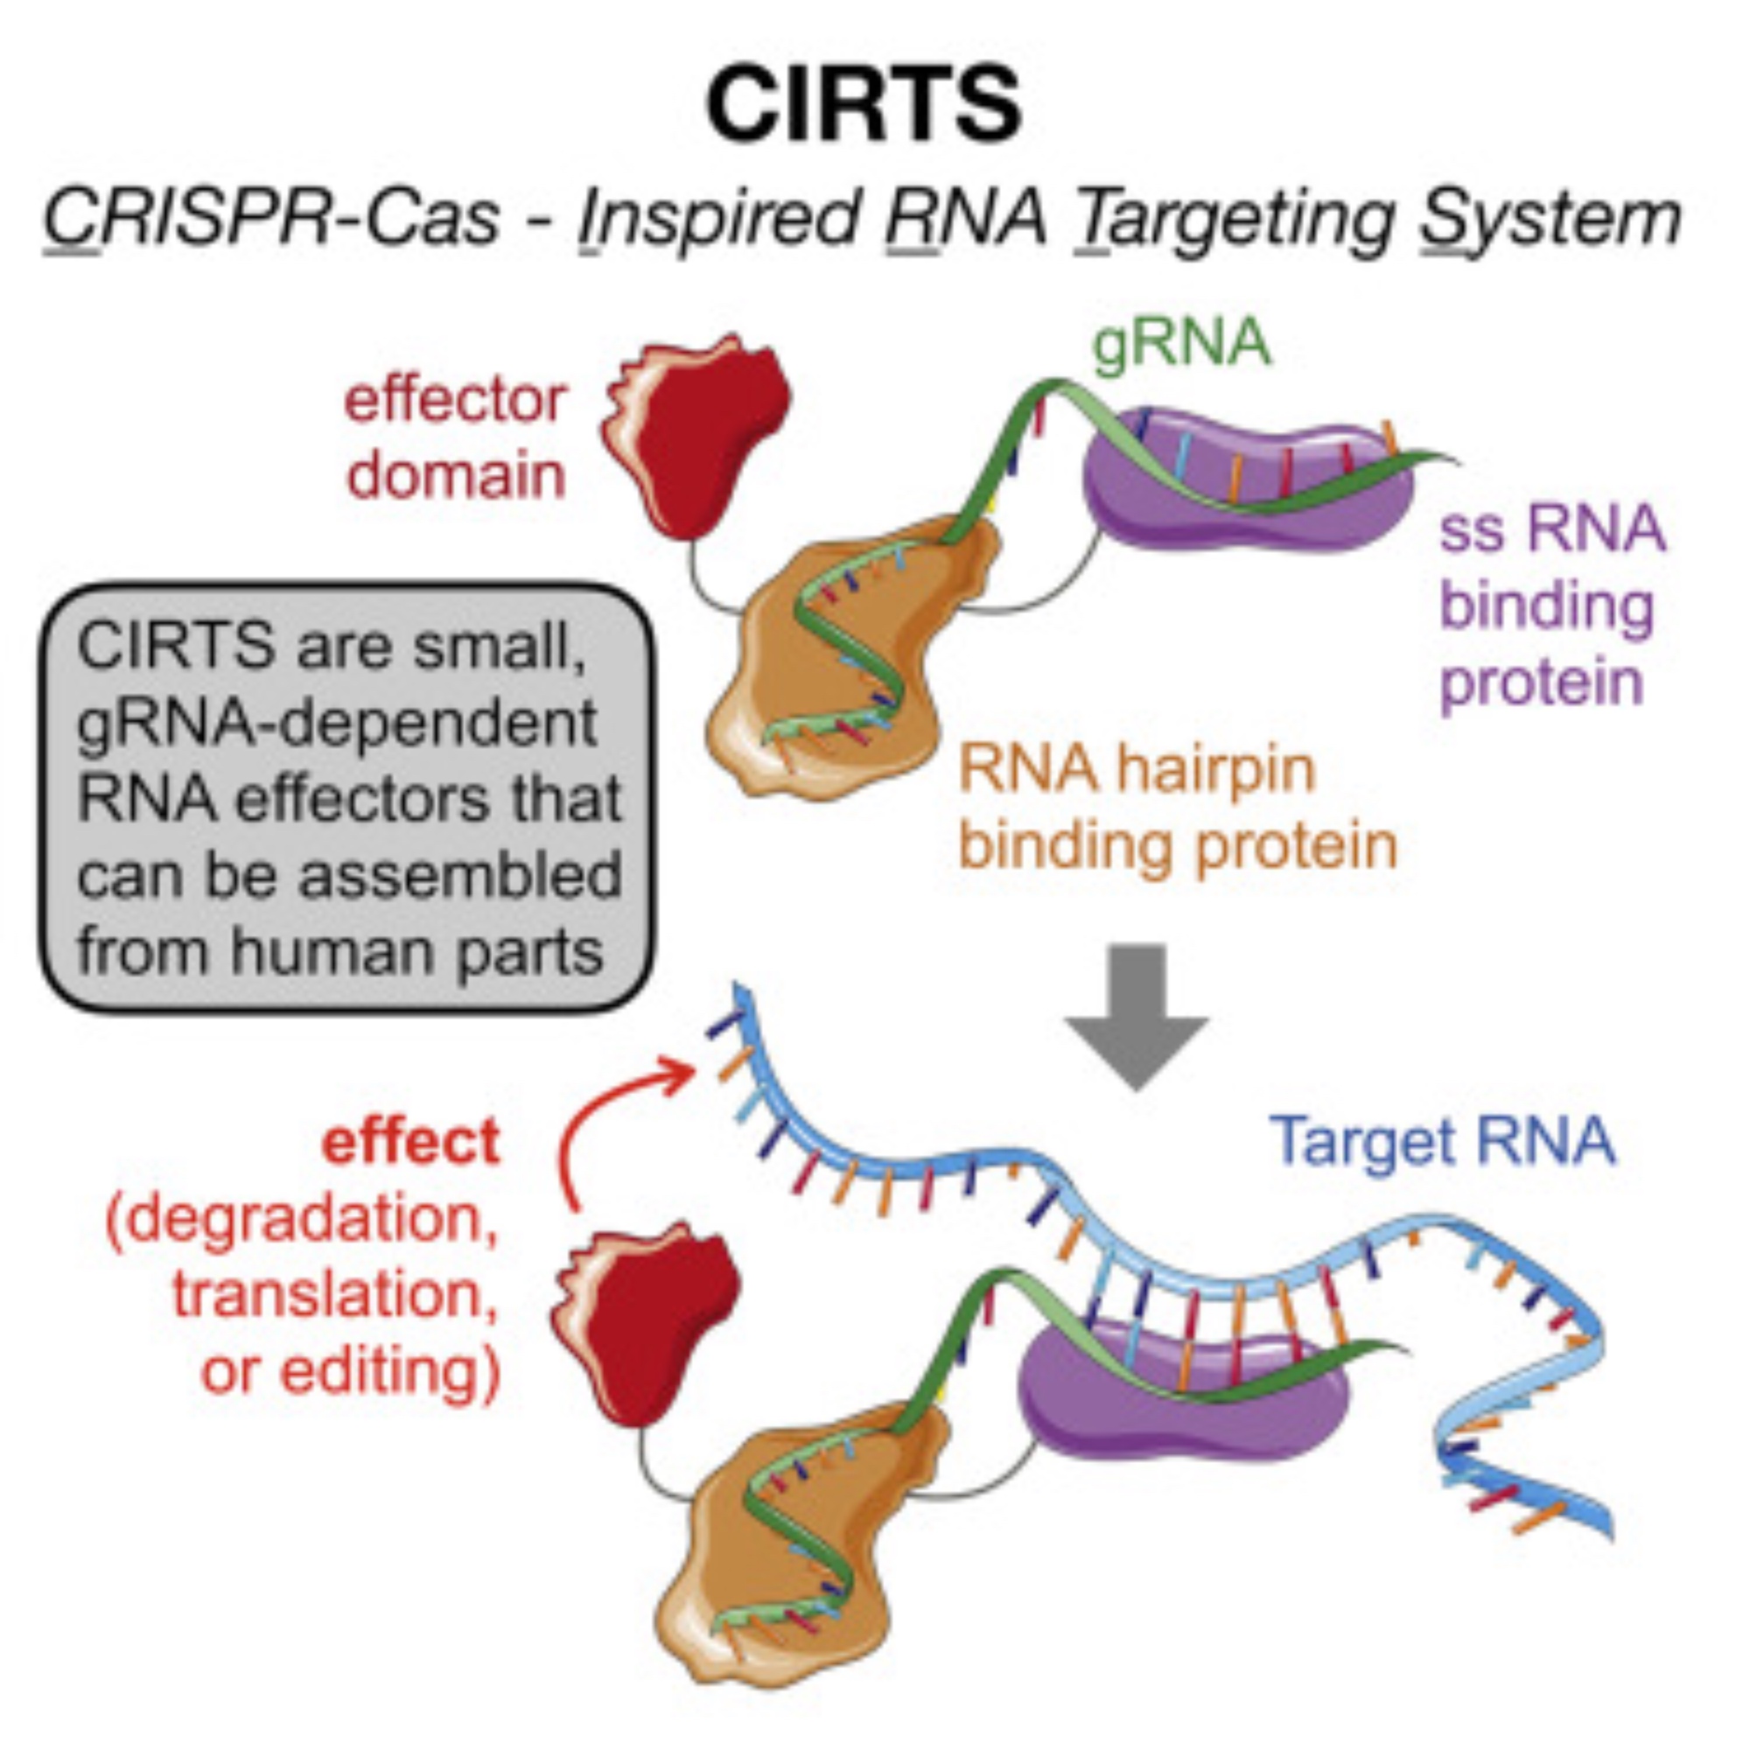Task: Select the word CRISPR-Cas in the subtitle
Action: point(272,220)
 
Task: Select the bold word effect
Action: point(410,1143)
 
